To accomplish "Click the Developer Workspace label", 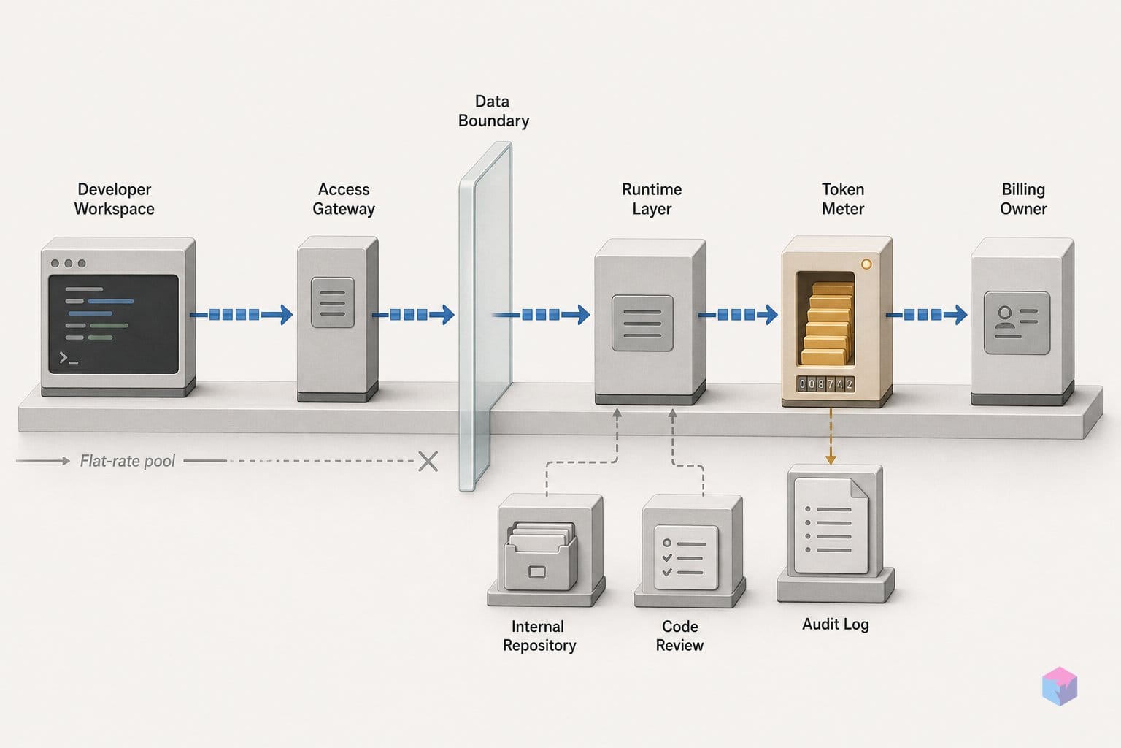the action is tap(114, 199).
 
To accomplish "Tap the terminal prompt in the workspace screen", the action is tap(69, 358).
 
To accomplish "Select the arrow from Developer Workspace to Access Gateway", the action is tap(242, 315).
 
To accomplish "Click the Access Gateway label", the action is tap(343, 199).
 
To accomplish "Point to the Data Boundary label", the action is tap(493, 111).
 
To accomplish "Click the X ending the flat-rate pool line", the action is tap(428, 461).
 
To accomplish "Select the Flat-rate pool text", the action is tap(128, 461).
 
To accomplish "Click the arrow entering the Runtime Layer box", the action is tap(541, 315).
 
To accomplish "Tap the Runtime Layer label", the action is tap(652, 199).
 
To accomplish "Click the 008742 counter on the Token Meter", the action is tap(825, 384).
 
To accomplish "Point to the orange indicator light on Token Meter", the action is tap(866, 264).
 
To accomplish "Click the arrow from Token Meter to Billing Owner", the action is tap(926, 315).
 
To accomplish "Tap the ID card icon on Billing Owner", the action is tap(1017, 323).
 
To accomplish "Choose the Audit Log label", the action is tap(835, 625).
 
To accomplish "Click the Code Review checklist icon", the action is tap(686, 557).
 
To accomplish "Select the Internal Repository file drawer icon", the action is tap(541, 556).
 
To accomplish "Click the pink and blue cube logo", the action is tap(1060, 686).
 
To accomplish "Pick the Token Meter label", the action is tap(843, 199).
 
